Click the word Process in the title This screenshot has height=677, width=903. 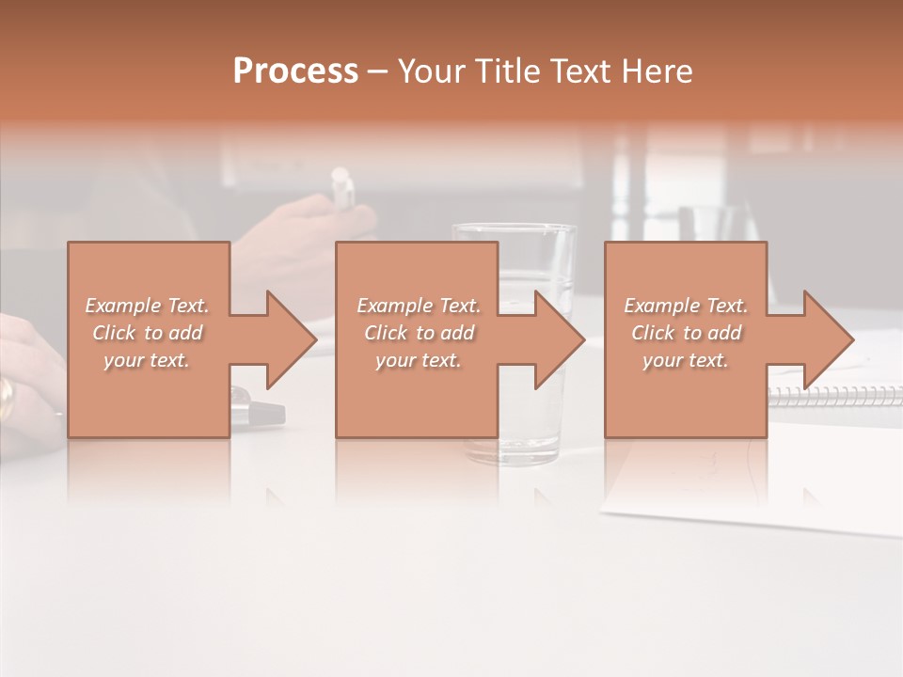point(295,71)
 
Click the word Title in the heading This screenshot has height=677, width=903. point(506,71)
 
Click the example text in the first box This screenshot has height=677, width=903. point(147,333)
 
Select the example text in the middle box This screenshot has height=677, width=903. point(419,333)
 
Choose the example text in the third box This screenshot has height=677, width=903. point(686,333)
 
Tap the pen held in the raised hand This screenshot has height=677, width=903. point(343,187)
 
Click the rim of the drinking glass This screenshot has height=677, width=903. point(514,228)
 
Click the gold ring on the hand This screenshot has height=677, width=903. point(6,396)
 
